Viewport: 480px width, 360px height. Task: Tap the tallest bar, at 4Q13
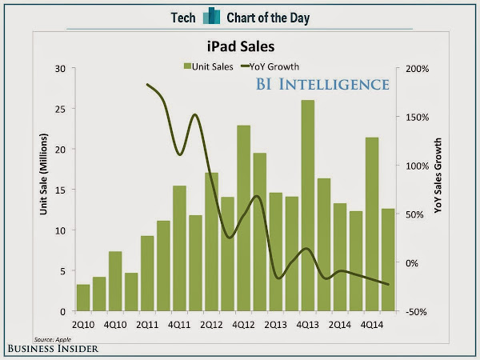(x=307, y=206)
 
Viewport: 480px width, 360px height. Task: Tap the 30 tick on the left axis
(x=60, y=68)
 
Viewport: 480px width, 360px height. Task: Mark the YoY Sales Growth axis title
(x=439, y=175)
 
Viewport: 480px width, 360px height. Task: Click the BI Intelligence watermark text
(x=323, y=84)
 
